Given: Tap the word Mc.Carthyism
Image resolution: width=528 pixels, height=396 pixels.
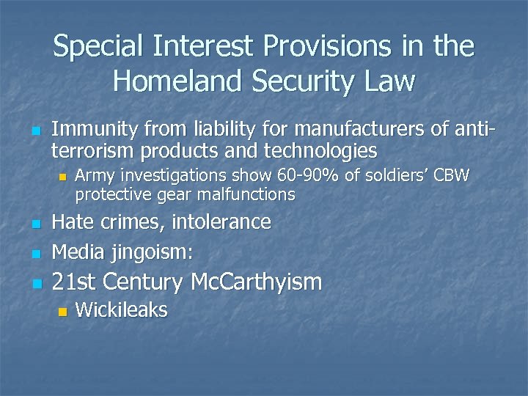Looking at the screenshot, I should coord(256,282).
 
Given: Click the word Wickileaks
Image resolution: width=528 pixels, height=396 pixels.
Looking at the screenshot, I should coord(122,310).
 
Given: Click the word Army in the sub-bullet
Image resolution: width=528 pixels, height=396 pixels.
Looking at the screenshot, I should coord(93,176).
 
